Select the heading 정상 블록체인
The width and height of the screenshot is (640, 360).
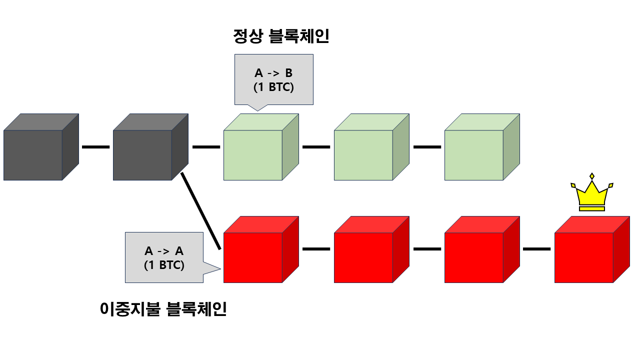pyautogui.click(x=281, y=36)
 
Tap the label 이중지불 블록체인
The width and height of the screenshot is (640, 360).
pyautogui.click(x=163, y=309)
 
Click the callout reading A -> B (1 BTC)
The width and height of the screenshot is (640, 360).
pyautogui.click(x=274, y=80)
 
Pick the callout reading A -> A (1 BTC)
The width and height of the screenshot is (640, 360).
pyautogui.click(x=164, y=257)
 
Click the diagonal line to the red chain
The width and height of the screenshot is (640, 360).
pyautogui.click(x=201, y=211)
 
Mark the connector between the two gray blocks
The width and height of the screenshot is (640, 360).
pyautogui.click(x=95, y=147)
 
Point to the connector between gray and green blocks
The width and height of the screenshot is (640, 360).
pyautogui.click(x=206, y=147)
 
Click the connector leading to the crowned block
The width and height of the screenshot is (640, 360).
pyautogui.click(x=536, y=249)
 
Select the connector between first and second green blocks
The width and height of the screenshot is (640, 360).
pyautogui.click(x=316, y=147)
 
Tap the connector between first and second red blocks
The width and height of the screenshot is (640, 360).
pyautogui.click(x=316, y=249)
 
